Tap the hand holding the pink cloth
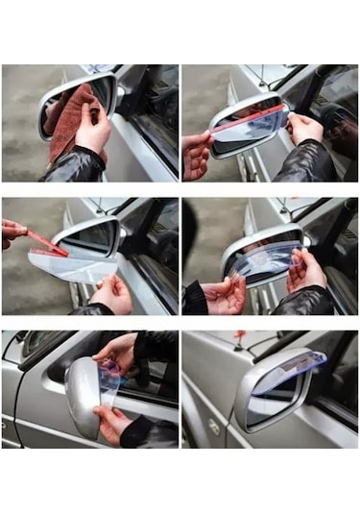[95, 132]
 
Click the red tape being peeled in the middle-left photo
[45, 241]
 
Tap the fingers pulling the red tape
[12, 232]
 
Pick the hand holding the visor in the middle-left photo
[112, 292]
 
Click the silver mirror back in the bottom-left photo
[82, 396]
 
